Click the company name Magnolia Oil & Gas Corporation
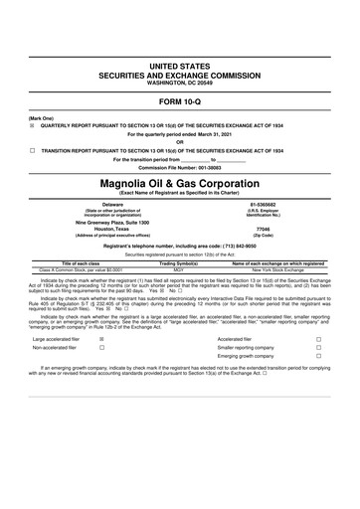(x=180, y=184)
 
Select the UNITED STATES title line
(x=180, y=65)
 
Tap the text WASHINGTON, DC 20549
(x=180, y=83)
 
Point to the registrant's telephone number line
(x=180, y=245)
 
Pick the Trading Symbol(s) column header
(x=179, y=262)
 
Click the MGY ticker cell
(x=179, y=269)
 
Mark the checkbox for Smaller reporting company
(x=318, y=349)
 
